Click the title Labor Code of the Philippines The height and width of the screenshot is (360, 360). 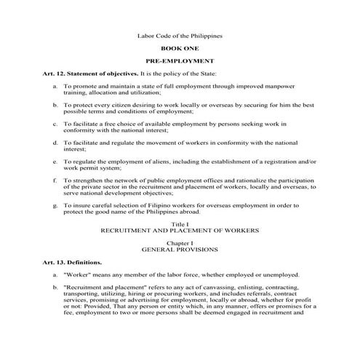click(180, 35)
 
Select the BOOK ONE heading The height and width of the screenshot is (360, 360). click(180, 48)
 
